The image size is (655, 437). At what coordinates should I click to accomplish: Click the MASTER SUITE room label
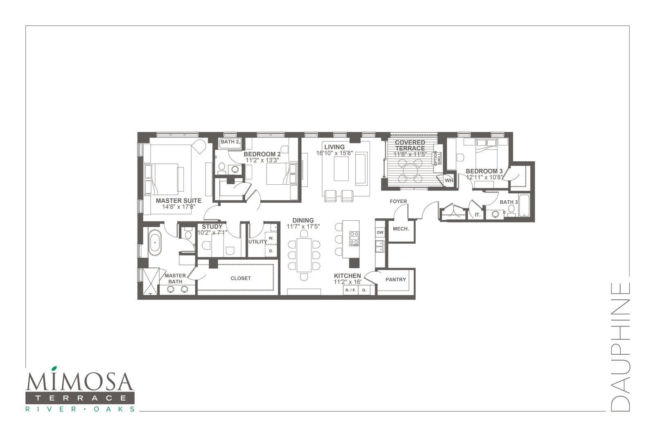(x=178, y=201)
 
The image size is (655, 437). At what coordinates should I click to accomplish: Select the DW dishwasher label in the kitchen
(x=380, y=233)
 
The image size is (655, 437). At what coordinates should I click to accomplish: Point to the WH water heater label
(x=449, y=181)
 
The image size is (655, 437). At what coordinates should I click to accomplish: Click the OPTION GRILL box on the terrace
(x=438, y=158)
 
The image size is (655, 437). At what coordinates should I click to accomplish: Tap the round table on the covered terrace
(x=411, y=170)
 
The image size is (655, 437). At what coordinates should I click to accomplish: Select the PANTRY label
(x=395, y=280)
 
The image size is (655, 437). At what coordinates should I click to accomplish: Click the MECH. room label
(x=401, y=229)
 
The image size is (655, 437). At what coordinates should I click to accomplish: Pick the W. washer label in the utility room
(x=271, y=238)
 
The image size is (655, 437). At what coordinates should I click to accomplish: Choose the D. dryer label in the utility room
(x=271, y=251)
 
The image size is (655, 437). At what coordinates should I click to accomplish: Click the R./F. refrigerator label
(x=350, y=290)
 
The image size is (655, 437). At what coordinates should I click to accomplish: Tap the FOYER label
(x=398, y=201)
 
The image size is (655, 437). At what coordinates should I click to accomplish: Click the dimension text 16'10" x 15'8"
(x=334, y=153)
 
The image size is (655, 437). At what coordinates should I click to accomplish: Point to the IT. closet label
(x=477, y=215)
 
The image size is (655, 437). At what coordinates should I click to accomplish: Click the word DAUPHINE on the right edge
(x=620, y=347)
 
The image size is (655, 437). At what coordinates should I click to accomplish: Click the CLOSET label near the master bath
(x=241, y=279)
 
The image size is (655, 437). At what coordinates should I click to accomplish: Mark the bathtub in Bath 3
(x=524, y=206)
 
